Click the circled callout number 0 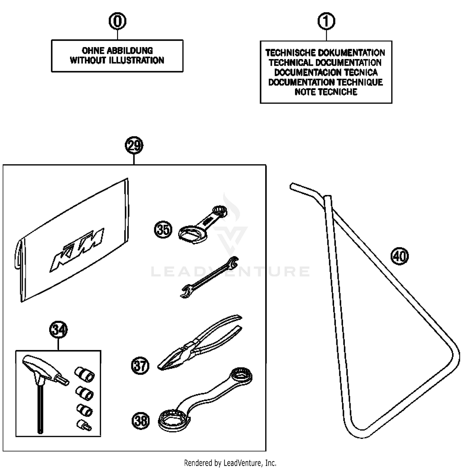117,22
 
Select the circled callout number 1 326,22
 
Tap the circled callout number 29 134,146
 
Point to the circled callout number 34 58,330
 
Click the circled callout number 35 163,230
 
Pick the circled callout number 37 140,366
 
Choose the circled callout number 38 141,420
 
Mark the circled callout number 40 400,256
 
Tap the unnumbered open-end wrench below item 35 209,277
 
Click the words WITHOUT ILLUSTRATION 117,60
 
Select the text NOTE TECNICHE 326,92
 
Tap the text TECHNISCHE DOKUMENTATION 325,53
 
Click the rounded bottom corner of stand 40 363,432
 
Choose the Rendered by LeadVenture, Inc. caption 230,463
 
